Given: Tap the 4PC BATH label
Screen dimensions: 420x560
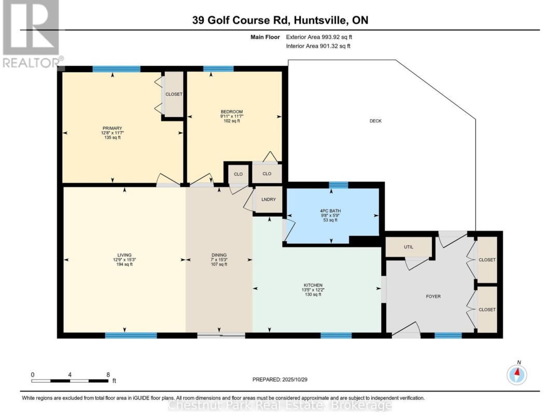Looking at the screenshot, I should [330, 210].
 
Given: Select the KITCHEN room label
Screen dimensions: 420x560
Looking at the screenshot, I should [313, 285].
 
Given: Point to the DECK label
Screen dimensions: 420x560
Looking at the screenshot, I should [375, 121].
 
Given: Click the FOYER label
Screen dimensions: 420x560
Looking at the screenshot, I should [433, 297].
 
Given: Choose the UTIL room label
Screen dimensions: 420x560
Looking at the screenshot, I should [408, 247].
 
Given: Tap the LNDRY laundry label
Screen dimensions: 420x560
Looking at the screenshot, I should [268, 200].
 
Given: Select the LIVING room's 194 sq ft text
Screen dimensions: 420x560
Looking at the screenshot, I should [124, 264].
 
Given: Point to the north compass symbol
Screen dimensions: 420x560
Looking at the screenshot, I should [516, 373].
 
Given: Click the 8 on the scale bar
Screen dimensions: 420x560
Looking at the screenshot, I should [108, 374].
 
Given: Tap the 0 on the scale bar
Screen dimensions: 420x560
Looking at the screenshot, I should [33, 374].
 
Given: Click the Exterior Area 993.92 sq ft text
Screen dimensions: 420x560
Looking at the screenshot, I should [319, 37].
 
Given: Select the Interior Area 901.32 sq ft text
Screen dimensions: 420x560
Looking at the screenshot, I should [318, 46].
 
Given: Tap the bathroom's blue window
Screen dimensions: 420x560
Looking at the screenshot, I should [339, 184].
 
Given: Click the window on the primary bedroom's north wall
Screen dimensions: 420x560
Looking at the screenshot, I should [116, 69].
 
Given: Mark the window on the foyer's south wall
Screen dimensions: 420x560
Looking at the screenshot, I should [447, 335].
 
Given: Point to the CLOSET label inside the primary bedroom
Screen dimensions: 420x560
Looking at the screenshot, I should [174, 94].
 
